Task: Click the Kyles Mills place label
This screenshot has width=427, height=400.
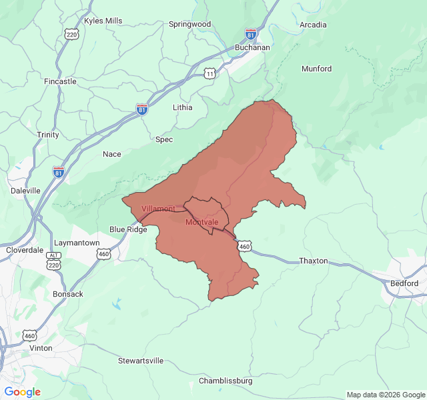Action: [103, 21]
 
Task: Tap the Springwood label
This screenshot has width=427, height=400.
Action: [189, 24]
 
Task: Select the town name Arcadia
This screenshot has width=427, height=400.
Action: [313, 25]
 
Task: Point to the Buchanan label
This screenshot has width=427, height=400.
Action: [253, 48]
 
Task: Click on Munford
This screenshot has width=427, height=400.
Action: [316, 68]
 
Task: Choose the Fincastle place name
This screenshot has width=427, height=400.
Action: [60, 81]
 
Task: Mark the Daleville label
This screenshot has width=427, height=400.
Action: [25, 190]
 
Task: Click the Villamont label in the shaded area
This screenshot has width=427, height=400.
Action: [158, 209]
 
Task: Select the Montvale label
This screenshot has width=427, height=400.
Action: [201, 222]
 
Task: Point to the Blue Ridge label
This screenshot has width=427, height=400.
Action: [128, 229]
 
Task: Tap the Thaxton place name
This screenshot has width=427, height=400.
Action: [314, 261]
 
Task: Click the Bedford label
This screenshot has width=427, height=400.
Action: [404, 283]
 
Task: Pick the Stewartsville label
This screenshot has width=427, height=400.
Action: [141, 361]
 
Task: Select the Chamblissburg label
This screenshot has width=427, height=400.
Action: [226, 381]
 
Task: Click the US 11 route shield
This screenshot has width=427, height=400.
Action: [210, 73]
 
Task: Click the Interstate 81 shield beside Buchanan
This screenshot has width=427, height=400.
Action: [251, 33]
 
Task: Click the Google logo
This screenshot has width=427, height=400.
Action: [23, 392]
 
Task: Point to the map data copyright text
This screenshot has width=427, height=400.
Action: [385, 395]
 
